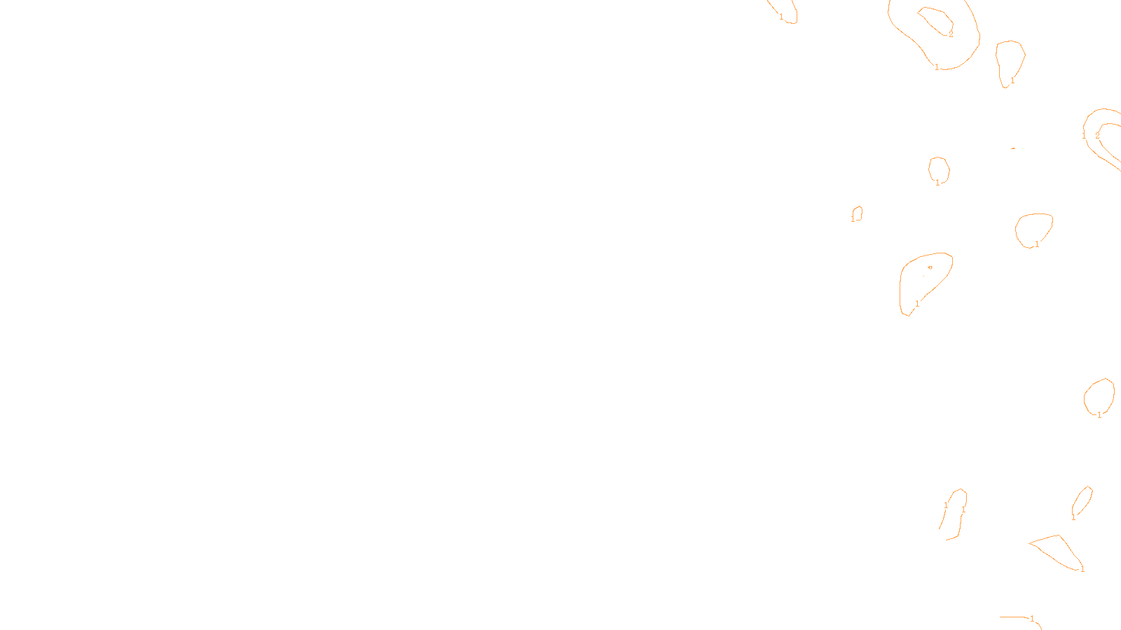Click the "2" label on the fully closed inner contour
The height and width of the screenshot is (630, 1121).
tap(951, 34)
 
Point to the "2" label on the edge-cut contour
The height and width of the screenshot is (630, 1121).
tap(1097, 136)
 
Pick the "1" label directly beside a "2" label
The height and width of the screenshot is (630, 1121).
tap(1084, 135)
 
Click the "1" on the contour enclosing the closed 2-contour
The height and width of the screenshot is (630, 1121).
tap(937, 67)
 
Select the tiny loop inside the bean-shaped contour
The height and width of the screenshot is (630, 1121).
tap(930, 267)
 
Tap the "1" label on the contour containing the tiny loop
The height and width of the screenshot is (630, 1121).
tap(917, 303)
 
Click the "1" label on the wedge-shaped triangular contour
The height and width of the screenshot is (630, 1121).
tap(1082, 569)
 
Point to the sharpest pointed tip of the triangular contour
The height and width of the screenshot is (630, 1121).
tap(1029, 542)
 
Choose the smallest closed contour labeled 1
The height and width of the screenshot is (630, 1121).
tap(857, 213)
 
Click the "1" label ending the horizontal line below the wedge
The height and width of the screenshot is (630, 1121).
tap(1032, 619)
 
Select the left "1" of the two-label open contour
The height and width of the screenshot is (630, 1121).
tap(946, 505)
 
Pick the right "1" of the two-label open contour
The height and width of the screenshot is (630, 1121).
tap(963, 510)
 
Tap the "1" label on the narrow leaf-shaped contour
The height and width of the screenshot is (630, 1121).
tap(1073, 517)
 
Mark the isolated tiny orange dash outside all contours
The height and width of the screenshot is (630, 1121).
tap(1013, 148)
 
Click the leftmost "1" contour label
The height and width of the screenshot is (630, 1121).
tap(781, 17)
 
